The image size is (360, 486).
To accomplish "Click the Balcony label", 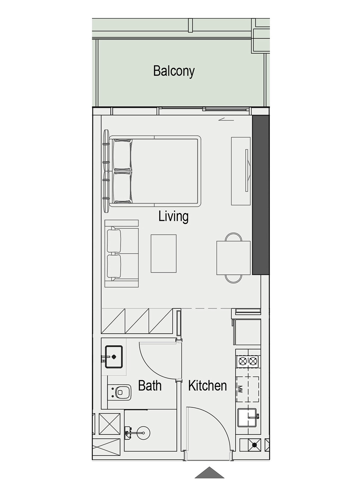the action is (x=174, y=71).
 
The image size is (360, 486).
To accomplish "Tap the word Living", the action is (x=173, y=216).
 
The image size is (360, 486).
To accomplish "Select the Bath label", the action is (x=150, y=386).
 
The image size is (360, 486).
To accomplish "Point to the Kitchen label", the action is (x=207, y=386).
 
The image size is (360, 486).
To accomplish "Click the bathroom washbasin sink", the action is (x=114, y=357).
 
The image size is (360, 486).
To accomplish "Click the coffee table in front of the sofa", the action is (x=164, y=254).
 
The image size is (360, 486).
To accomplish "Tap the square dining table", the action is (x=233, y=258).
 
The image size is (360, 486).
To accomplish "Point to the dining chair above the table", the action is (x=233, y=237).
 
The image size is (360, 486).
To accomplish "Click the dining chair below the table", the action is (x=233, y=279).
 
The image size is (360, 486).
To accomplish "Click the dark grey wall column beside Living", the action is (x=261, y=195).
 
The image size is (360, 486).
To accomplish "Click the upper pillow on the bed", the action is (x=122, y=155).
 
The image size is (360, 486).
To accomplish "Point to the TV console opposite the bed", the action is (x=241, y=171).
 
